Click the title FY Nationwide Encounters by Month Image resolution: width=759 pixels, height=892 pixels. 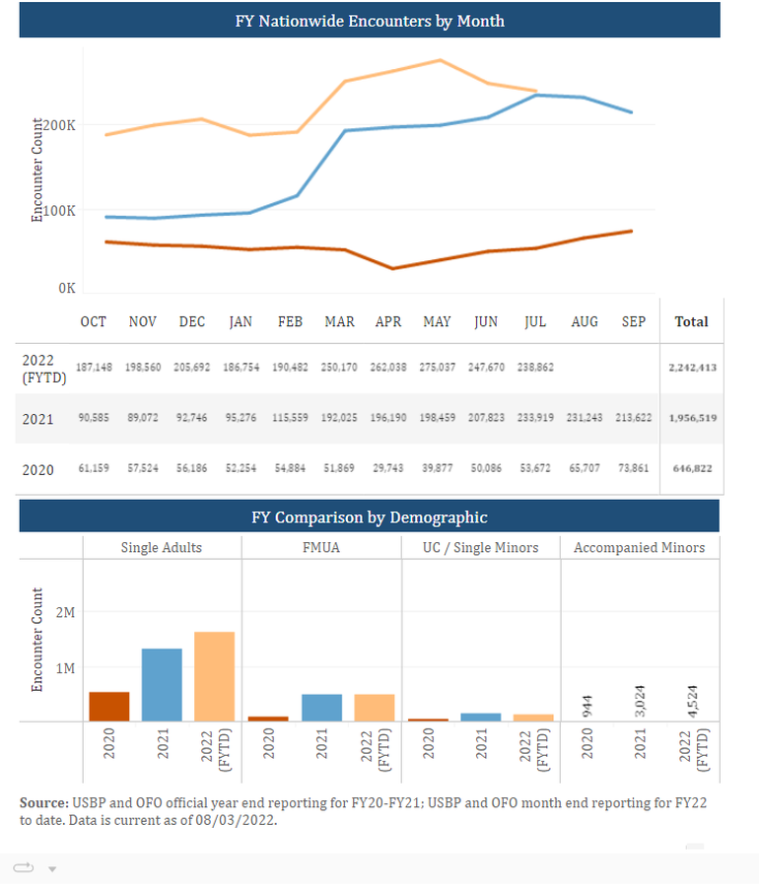[x=370, y=21]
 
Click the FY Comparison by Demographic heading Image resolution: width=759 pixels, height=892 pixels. [x=369, y=516]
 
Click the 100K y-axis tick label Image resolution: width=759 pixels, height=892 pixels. [x=59, y=210]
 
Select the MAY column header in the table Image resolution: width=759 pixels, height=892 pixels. [x=437, y=322]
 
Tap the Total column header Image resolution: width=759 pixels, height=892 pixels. [x=691, y=321]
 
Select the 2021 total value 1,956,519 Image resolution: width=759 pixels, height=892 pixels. [x=691, y=418]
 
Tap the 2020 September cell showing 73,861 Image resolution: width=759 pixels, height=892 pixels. [x=632, y=469]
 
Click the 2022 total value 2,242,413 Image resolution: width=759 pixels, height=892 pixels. [x=691, y=367]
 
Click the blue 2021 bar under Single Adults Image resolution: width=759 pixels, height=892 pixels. [x=162, y=684]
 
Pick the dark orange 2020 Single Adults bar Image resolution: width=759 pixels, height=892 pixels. [x=109, y=706]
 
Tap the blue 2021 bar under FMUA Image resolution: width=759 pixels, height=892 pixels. [x=321, y=707]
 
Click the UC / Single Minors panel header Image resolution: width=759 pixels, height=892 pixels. [x=481, y=547]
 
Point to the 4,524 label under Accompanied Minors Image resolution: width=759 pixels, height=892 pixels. [x=692, y=691]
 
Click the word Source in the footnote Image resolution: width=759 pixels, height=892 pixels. [x=42, y=803]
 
